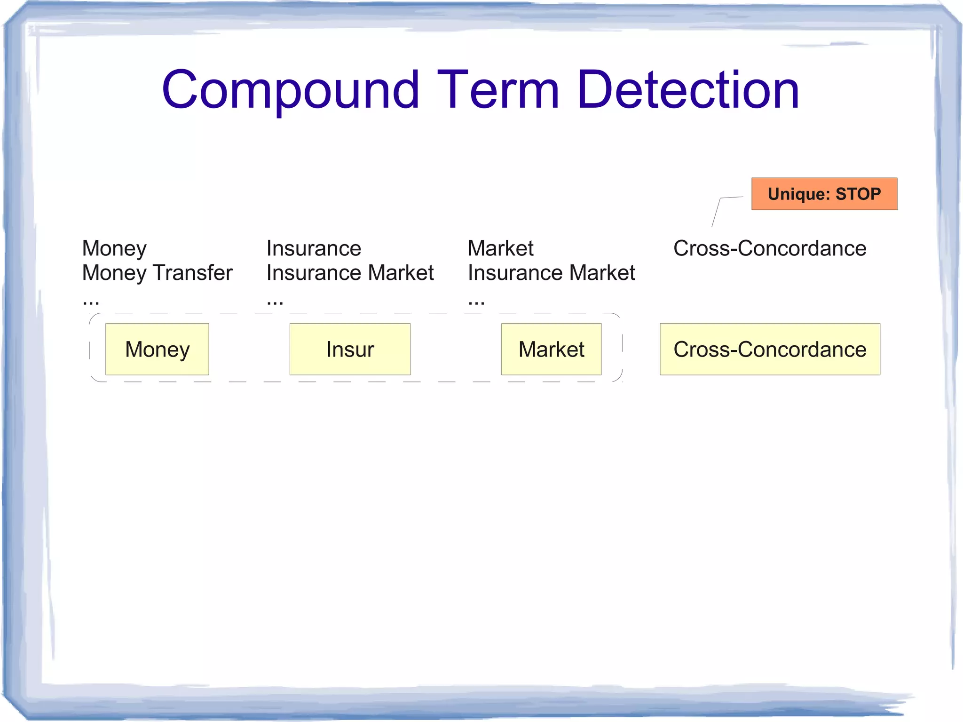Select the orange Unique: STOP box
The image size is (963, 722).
(x=824, y=194)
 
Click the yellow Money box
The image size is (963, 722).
(x=157, y=349)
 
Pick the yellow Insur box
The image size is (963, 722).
(x=350, y=349)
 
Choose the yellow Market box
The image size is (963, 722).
(x=551, y=349)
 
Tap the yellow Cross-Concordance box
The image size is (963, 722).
(x=770, y=349)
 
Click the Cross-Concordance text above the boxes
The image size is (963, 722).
(x=770, y=248)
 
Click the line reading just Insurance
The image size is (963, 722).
(x=314, y=248)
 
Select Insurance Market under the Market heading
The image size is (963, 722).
(x=551, y=273)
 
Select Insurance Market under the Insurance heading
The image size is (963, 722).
(x=350, y=273)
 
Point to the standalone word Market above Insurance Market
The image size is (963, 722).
(x=500, y=248)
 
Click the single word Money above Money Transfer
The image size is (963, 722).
(x=114, y=248)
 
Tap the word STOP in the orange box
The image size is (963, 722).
(x=858, y=194)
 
